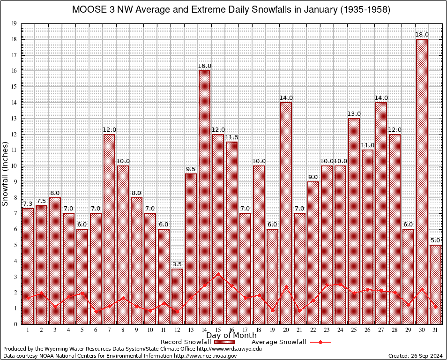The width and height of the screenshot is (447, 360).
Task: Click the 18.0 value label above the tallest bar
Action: point(422,35)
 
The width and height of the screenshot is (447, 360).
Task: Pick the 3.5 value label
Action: point(177,264)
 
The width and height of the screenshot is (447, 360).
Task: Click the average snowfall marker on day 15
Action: point(218,274)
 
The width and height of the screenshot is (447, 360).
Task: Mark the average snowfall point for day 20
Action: point(286,287)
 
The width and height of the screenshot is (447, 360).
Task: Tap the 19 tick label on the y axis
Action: point(14,23)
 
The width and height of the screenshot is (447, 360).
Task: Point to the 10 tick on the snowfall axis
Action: point(14,166)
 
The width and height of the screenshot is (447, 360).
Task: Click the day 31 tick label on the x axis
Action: point(435,330)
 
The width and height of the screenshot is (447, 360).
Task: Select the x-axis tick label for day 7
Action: point(109,330)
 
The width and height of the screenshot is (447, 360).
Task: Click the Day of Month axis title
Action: point(231,335)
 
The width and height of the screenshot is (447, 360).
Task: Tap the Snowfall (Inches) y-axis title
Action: point(6,173)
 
